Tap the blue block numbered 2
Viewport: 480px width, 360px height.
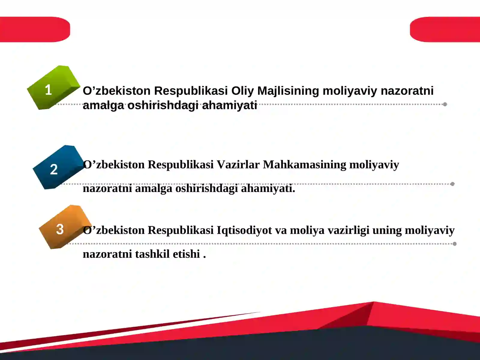57,168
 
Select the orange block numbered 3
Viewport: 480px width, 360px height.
63,228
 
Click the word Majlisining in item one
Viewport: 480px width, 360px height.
288,91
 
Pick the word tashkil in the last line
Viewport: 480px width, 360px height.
152,254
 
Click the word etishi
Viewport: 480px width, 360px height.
186,254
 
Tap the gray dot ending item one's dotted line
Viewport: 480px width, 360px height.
445,104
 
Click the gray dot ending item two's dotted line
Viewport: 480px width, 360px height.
452,184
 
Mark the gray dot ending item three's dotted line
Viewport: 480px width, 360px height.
454,244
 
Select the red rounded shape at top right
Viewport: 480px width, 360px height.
445,29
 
